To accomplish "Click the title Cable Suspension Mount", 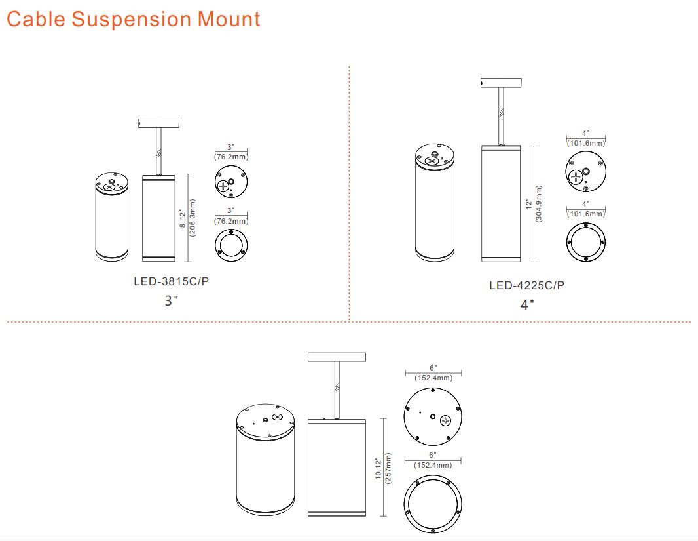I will click(x=133, y=19).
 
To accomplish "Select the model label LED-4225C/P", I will click(x=526, y=285).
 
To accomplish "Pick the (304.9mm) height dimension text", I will click(x=538, y=205).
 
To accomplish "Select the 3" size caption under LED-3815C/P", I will click(x=172, y=301).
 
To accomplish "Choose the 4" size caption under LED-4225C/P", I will click(x=527, y=304).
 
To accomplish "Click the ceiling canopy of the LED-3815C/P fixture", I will click(x=158, y=123).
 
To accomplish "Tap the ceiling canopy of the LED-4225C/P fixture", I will click(x=501, y=83).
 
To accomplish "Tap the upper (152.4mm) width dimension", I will click(x=433, y=378).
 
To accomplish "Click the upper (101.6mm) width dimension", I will click(x=586, y=142).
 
